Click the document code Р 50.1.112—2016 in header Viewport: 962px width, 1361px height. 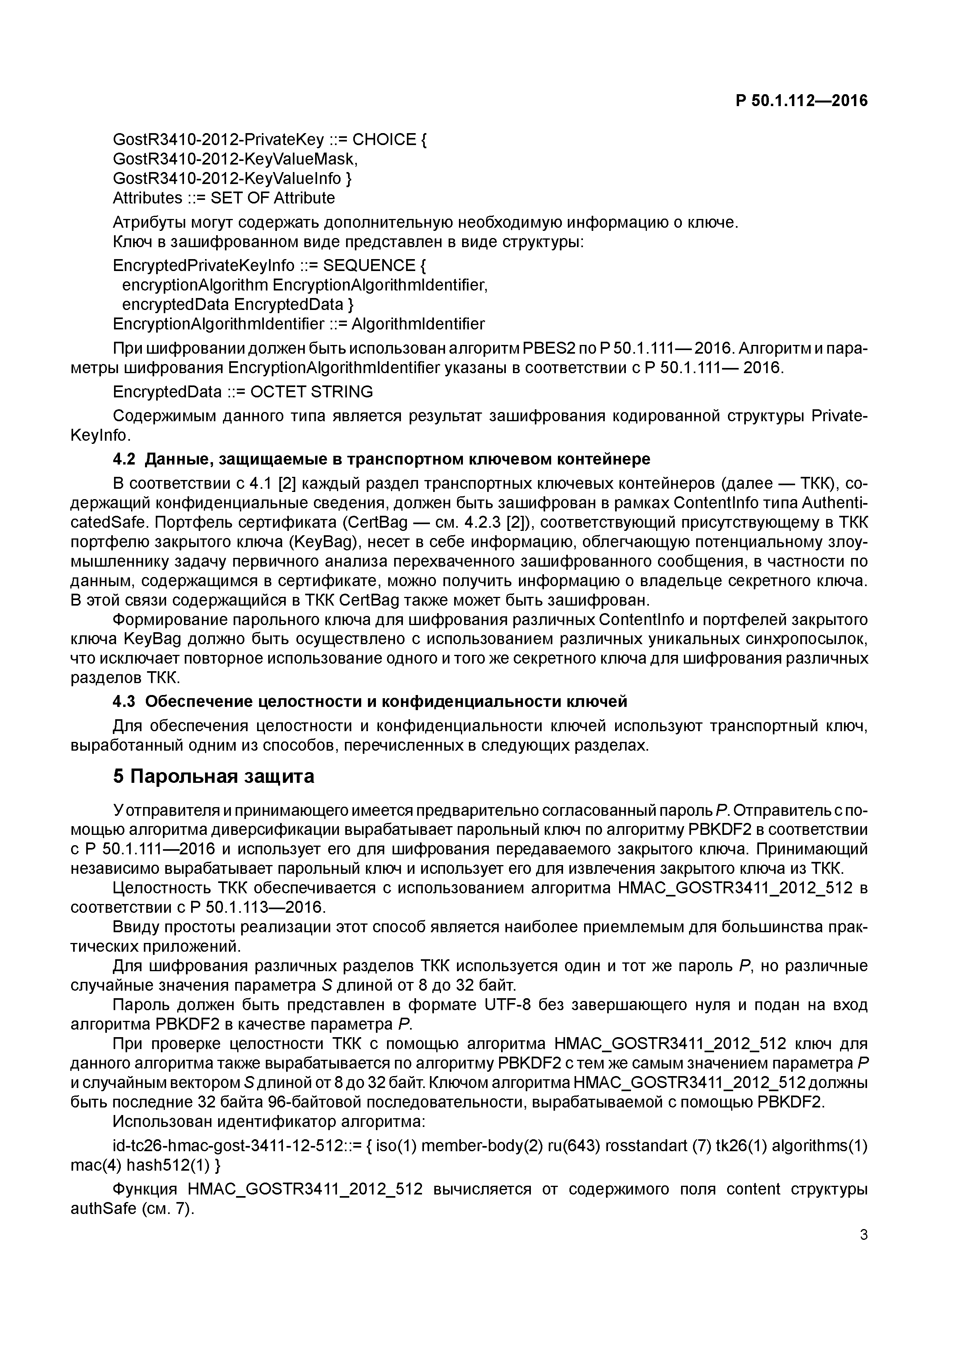pyautogui.click(x=801, y=101)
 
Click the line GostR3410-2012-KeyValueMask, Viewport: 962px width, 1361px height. pyautogui.click(x=235, y=159)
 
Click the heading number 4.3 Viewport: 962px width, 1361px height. pyautogui.click(x=124, y=702)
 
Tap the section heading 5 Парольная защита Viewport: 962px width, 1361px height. pyautogui.click(x=213, y=776)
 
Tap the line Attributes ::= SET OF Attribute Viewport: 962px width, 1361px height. pyautogui.click(x=223, y=198)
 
